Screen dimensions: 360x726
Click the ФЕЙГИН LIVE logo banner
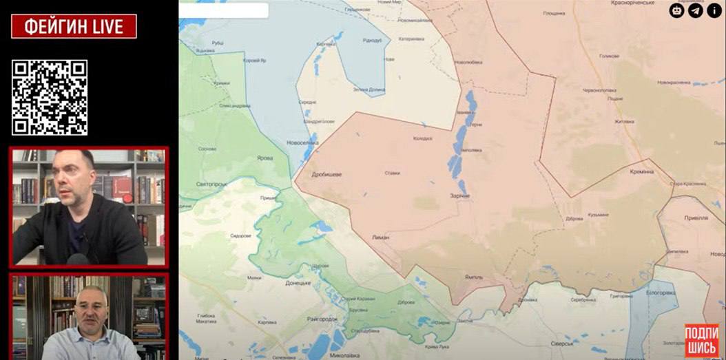click(74, 26)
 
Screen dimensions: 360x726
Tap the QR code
click(50, 97)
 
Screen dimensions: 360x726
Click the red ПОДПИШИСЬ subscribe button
click(701, 340)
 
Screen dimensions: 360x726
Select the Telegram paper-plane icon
click(696, 10)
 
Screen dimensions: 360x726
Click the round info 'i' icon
click(714, 10)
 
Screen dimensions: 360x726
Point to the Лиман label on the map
click(381, 237)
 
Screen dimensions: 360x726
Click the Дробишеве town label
click(326, 175)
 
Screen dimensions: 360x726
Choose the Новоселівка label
click(302, 142)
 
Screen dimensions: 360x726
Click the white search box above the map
click(224, 10)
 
